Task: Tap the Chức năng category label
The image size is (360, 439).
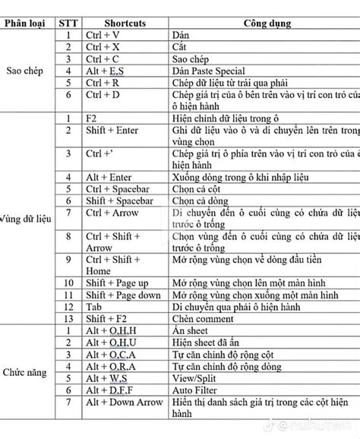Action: (x=24, y=373)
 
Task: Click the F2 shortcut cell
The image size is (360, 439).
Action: (x=92, y=118)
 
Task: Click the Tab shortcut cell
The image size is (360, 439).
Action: (x=95, y=307)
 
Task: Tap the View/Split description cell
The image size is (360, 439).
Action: (x=199, y=378)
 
